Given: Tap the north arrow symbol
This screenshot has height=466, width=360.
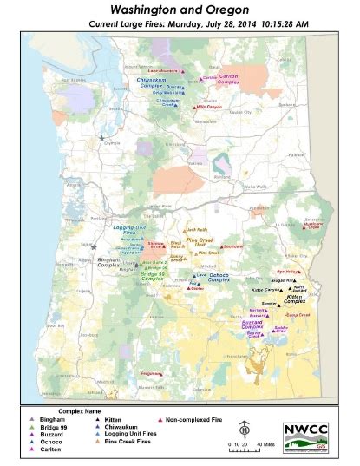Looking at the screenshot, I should coord(245,428).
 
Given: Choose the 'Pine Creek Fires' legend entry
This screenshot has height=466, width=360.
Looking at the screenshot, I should coord(126,443).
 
